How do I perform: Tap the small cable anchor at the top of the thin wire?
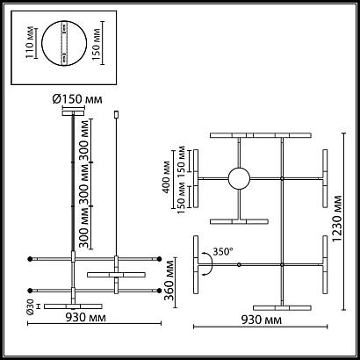click(118, 113)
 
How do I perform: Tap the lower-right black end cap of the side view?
click(160, 290)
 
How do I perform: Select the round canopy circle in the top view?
click(238, 178)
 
